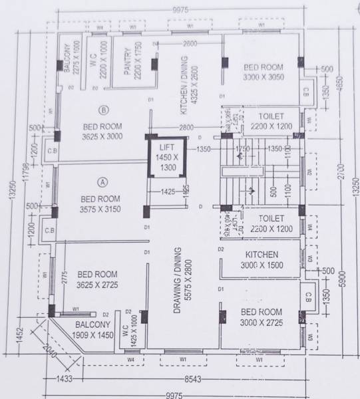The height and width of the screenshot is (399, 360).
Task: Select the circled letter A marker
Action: coord(102,181)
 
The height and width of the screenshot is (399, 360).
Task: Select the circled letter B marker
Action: coord(102,110)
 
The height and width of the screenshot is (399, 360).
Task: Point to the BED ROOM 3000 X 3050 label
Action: coord(262,72)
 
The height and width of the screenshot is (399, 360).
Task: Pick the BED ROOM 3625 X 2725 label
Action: coord(97,279)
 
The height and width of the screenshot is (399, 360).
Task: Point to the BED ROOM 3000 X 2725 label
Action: coord(261,317)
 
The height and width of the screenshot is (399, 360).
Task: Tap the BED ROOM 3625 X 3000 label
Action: coord(102,130)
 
